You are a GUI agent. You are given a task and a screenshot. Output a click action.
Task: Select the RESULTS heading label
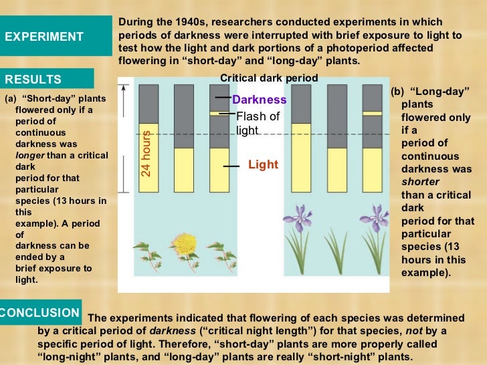(x=33, y=80)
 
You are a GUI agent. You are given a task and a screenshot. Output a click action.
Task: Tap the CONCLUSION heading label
(x=40, y=313)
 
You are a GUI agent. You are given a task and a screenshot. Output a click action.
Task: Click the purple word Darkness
(x=259, y=100)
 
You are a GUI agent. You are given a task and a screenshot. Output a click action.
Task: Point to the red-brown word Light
(x=263, y=164)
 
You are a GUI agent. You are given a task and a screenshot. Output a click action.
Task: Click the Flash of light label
(x=258, y=122)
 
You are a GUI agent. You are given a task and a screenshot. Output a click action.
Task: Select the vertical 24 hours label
(x=146, y=154)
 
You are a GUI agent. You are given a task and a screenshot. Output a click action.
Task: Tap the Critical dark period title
(x=269, y=78)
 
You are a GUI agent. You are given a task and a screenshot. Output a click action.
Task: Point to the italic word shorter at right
(x=420, y=181)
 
